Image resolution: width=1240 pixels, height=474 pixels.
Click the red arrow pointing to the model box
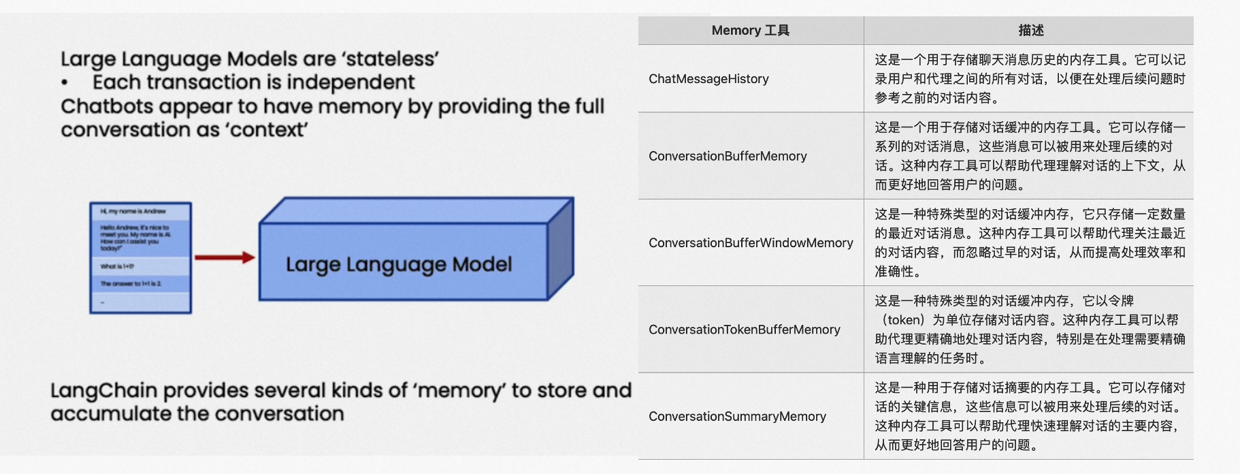pyautogui.click(x=224, y=257)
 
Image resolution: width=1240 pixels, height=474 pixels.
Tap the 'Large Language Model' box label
pyautogui.click(x=398, y=264)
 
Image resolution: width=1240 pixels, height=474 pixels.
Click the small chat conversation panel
pyautogui.click(x=140, y=257)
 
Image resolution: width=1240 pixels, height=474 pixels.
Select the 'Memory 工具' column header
pyautogui.click(x=750, y=31)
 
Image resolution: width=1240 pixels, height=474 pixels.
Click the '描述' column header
pyautogui.click(x=1030, y=31)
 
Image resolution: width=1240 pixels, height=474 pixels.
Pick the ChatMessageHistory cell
pyautogui.click(x=708, y=79)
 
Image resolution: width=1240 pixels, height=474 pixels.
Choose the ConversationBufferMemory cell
pyautogui.click(x=728, y=156)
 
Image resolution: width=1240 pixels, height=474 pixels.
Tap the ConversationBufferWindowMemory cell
pyautogui.click(x=751, y=243)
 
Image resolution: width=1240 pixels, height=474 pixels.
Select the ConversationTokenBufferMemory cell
pyautogui.click(x=744, y=330)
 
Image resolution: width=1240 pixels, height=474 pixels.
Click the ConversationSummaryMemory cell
pyautogui.click(x=737, y=416)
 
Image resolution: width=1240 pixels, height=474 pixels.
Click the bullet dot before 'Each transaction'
pyautogui.click(x=65, y=84)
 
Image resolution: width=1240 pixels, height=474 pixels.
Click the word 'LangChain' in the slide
pyautogui.click(x=103, y=391)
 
